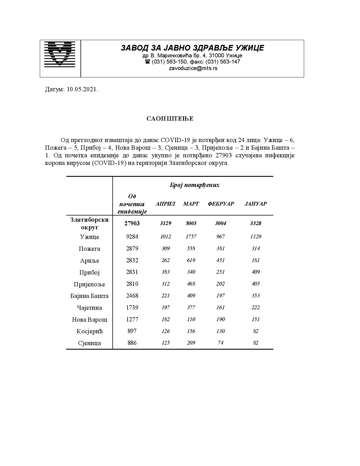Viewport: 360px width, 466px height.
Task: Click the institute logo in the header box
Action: [x=60, y=54]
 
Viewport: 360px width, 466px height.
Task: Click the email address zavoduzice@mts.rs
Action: [x=193, y=68]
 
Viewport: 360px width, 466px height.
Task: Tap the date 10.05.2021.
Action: [x=82, y=90]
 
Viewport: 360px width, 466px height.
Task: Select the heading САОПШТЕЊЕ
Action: [x=170, y=119]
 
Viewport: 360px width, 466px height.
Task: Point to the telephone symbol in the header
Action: [x=147, y=62]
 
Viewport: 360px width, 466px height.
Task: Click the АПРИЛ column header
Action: [x=165, y=204]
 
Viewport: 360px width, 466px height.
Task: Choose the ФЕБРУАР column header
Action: [x=221, y=204]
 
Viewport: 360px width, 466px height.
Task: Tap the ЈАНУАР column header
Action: [x=256, y=204]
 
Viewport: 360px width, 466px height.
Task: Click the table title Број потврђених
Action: [x=195, y=185]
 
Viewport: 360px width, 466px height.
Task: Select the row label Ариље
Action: [x=90, y=261]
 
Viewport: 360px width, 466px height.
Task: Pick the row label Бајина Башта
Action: [x=90, y=296]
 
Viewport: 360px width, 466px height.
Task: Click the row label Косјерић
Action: [x=90, y=331]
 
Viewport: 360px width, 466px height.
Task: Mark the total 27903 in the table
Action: [x=132, y=223]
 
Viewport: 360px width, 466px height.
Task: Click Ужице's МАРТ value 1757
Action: [x=191, y=237]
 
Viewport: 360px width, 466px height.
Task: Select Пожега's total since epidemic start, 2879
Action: [x=132, y=249]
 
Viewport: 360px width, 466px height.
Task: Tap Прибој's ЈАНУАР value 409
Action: [x=256, y=272]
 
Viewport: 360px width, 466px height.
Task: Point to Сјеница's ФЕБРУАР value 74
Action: [x=221, y=343]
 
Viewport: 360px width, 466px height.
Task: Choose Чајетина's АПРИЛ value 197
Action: [x=165, y=308]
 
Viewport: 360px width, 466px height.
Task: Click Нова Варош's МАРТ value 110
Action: [x=191, y=319]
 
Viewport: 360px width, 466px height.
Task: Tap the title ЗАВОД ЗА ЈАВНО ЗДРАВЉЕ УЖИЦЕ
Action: [x=192, y=48]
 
